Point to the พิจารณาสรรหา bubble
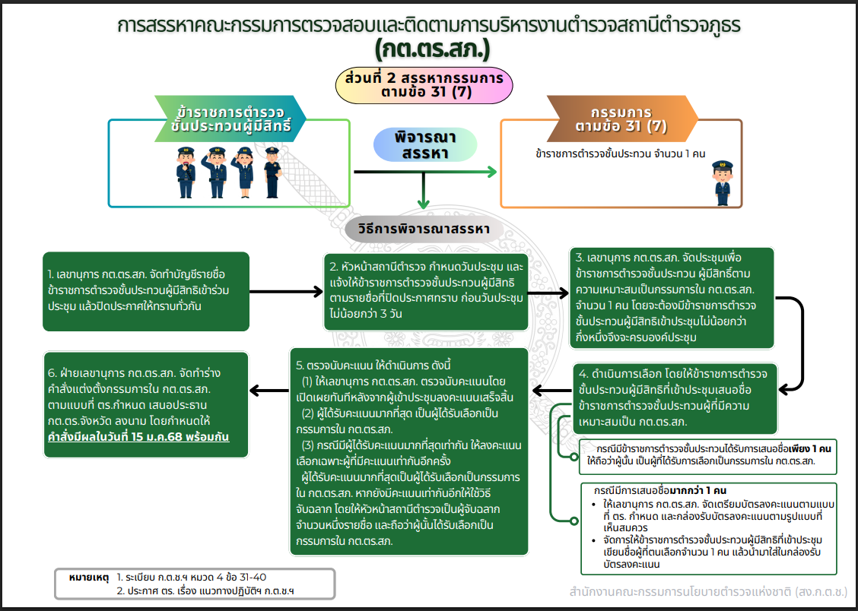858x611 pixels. coord(425,144)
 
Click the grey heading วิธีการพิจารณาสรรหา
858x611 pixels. coord(428,229)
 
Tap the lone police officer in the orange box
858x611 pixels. coord(722,182)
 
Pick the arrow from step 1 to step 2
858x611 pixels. coord(286,290)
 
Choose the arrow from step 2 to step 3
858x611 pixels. coord(548,290)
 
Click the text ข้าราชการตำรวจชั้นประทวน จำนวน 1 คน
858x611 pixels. coord(621,154)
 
